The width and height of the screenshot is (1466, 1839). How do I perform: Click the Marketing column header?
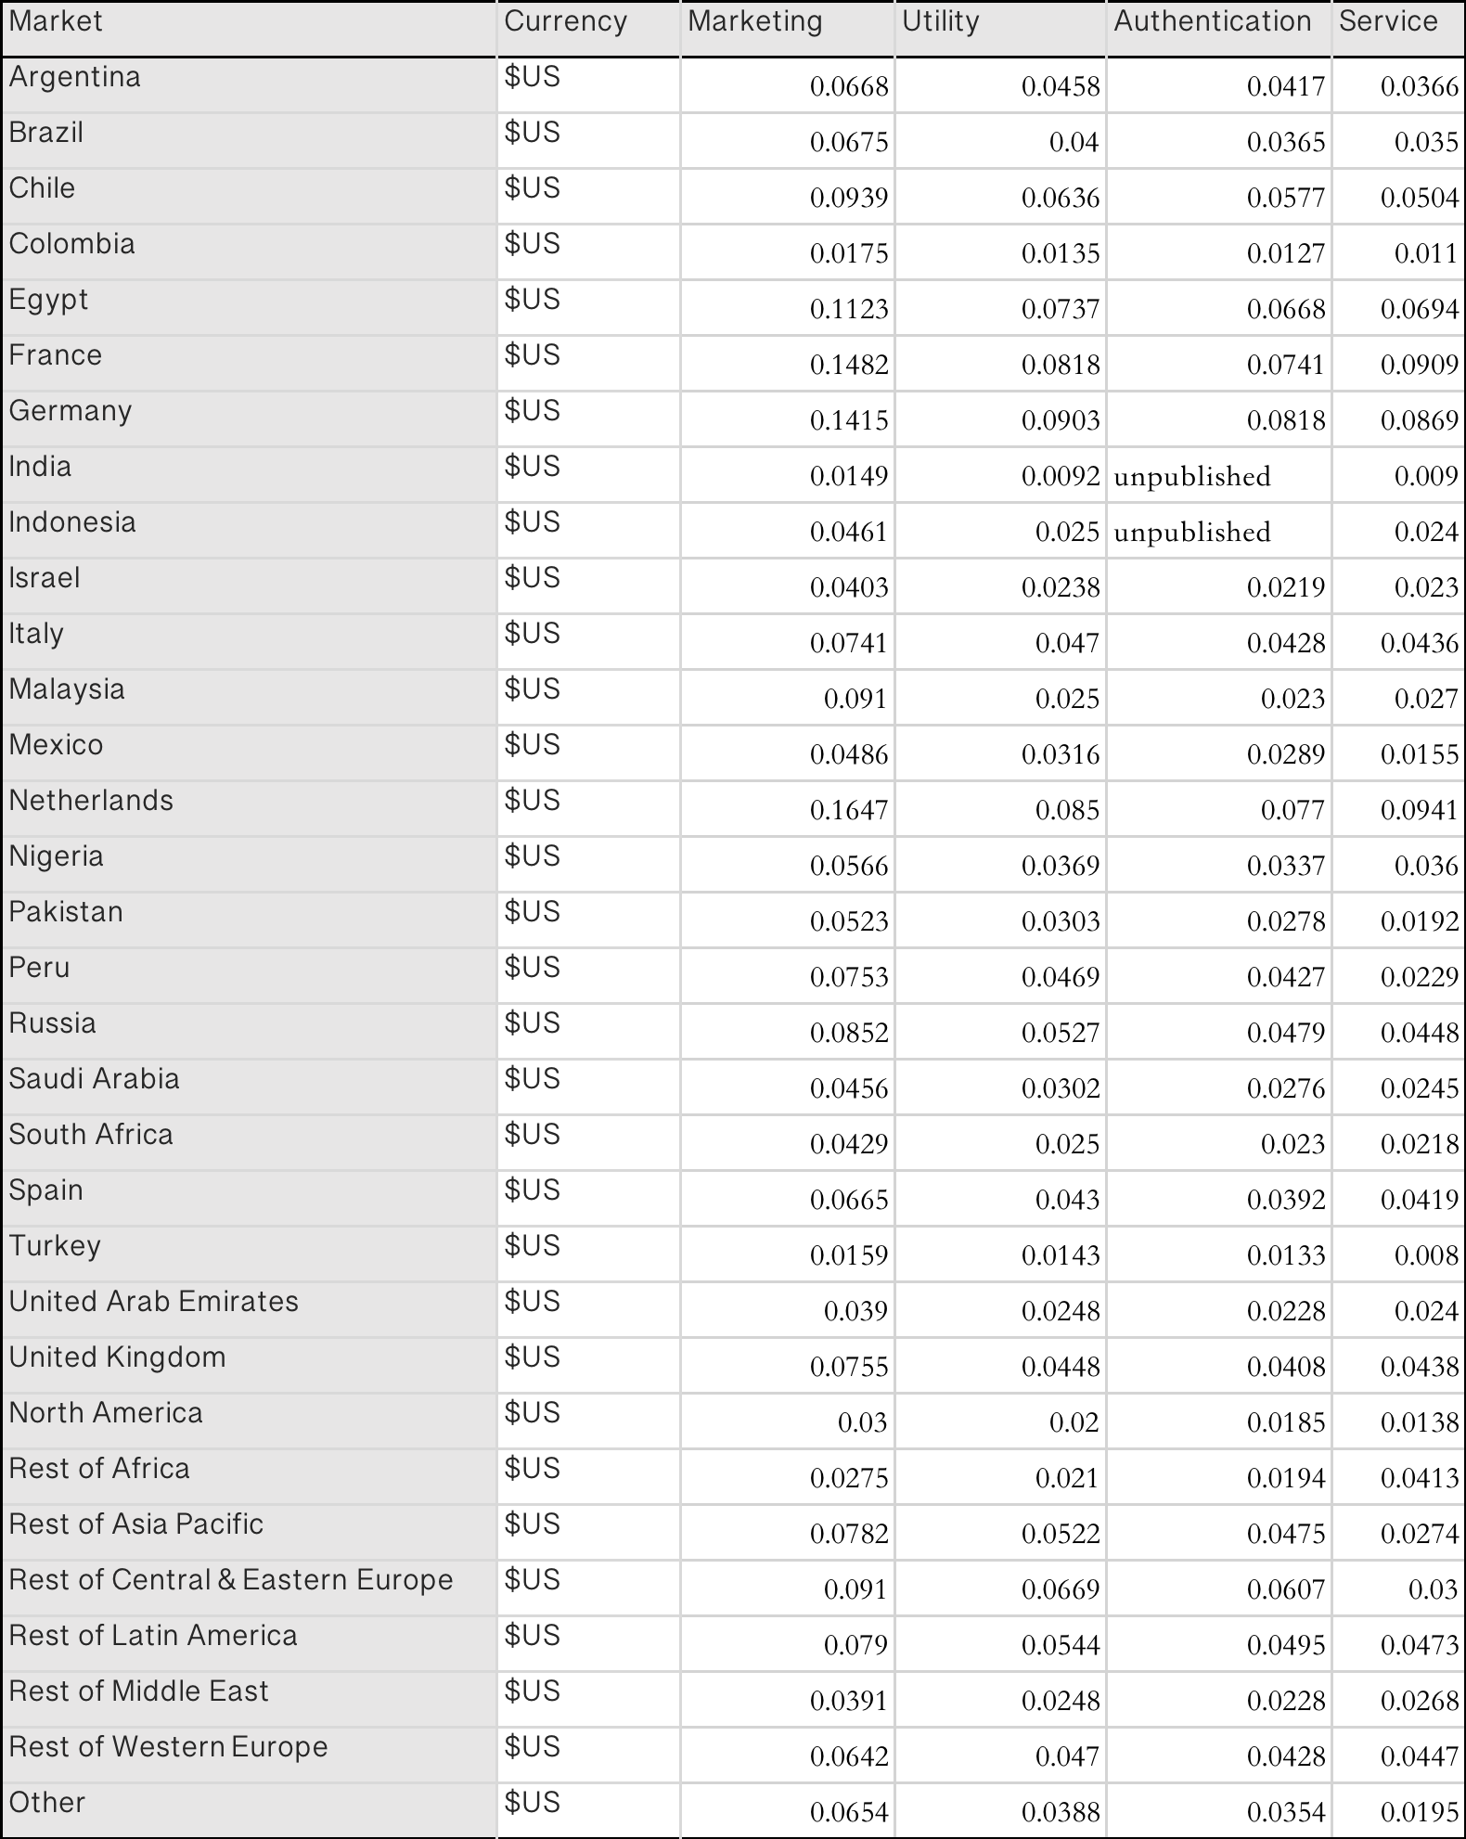pos(754,21)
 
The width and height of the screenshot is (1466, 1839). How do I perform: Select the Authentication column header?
pos(1212,21)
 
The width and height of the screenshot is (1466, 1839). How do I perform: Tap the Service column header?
pos(1387,21)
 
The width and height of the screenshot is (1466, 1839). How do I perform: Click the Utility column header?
pos(940,21)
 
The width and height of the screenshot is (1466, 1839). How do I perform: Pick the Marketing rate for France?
pos(848,365)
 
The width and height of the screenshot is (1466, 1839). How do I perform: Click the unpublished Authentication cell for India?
pos(1191,476)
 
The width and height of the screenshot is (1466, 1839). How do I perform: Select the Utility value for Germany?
pos(1060,420)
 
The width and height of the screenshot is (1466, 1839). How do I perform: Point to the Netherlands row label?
pos(91,800)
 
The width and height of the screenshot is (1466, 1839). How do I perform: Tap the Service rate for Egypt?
pos(1419,309)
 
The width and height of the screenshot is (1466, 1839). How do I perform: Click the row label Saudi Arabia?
pos(94,1078)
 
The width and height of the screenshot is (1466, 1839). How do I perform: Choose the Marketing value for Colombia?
pos(848,253)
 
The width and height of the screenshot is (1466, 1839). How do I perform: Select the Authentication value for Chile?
pos(1285,198)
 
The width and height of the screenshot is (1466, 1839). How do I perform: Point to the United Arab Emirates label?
pos(153,1301)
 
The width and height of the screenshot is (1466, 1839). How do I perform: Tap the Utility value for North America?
pos(1074,1422)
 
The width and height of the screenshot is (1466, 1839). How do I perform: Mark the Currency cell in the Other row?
pos(532,1802)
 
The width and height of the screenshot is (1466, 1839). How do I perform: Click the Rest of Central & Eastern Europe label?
pos(230,1579)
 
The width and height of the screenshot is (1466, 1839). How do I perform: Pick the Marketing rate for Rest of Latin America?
pos(855,1645)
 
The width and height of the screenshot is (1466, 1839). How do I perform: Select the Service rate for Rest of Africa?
pos(1419,1478)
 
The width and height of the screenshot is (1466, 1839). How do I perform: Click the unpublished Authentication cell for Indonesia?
pos(1191,532)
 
